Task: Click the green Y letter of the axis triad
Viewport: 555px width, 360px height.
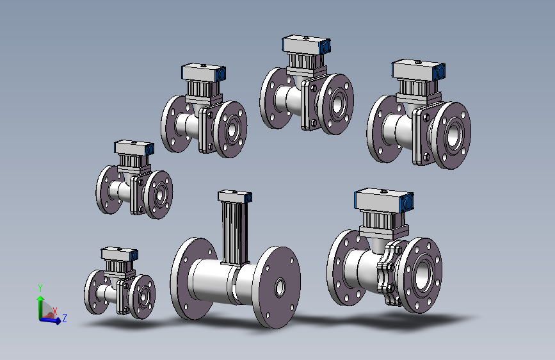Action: click(x=40, y=288)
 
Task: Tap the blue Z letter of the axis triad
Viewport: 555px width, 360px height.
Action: click(x=65, y=318)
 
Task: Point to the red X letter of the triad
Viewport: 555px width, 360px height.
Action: click(x=55, y=311)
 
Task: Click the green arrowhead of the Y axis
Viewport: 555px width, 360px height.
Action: click(x=40, y=299)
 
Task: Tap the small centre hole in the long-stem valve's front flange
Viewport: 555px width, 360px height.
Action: click(x=280, y=288)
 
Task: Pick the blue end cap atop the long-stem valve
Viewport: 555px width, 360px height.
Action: click(x=249, y=197)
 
